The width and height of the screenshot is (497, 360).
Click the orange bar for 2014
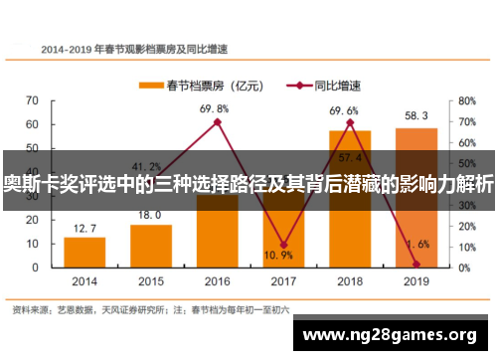[84, 253]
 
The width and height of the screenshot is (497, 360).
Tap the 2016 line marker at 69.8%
[217, 122]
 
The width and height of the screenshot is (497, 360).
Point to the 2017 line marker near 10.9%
[283, 245]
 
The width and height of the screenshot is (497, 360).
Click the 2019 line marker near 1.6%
[416, 264]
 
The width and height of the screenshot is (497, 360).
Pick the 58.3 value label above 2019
[416, 116]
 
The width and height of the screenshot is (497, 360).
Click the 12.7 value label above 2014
[84, 228]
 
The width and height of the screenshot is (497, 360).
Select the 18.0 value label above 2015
[150, 215]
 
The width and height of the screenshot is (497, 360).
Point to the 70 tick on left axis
[32, 100]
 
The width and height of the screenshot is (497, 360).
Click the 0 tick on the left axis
[36, 268]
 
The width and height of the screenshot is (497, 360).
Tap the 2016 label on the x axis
[217, 281]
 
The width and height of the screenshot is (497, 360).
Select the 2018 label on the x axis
[350, 281]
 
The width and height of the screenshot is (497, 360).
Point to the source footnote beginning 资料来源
[149, 309]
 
